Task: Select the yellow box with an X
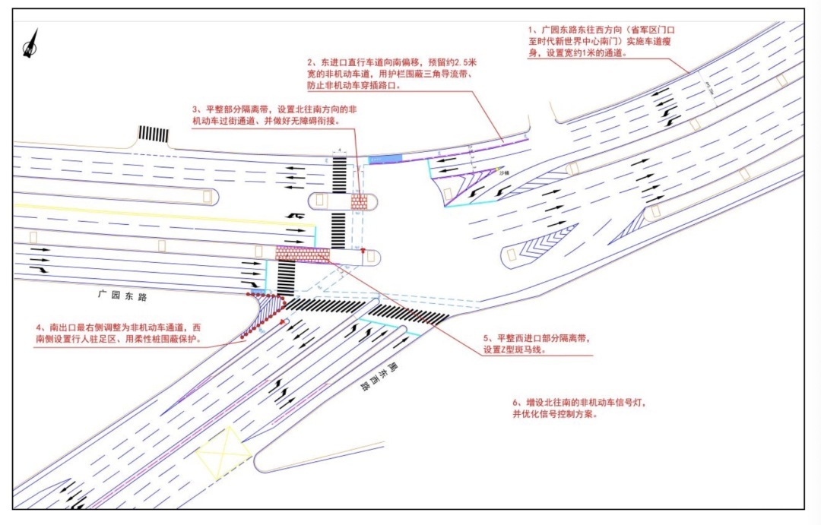[x=223, y=453]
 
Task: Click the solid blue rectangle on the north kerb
[x=385, y=159]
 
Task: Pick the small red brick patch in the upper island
[x=359, y=202]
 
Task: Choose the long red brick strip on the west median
[x=302, y=253]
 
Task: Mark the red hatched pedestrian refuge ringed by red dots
[x=266, y=312]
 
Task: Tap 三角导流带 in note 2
[x=448, y=74]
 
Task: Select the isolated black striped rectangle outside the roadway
[x=153, y=134]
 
